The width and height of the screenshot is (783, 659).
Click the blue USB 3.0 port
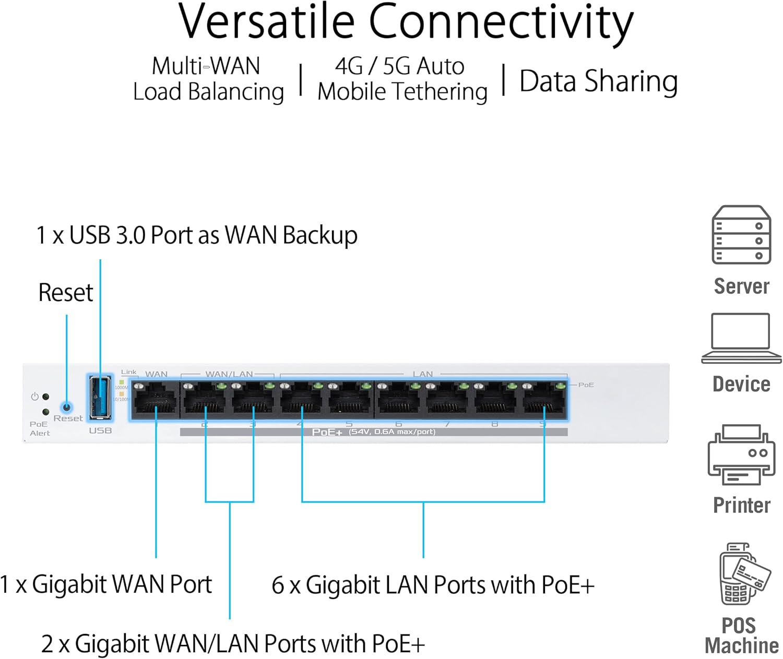click(x=100, y=398)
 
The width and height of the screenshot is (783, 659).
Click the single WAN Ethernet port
click(x=155, y=400)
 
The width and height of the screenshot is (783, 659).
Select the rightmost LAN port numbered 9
click(x=544, y=400)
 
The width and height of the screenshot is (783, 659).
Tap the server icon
click(x=741, y=235)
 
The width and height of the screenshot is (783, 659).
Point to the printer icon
click(x=741, y=454)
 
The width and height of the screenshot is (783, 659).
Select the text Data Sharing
click(x=598, y=81)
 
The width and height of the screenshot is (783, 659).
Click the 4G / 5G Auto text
click(x=400, y=66)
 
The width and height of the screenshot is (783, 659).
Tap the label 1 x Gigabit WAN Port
click(x=106, y=584)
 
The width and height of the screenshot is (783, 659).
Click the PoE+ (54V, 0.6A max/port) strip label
click(x=373, y=432)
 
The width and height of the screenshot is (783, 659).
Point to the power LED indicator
click(x=46, y=397)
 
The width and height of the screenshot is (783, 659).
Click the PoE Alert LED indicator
click(x=46, y=412)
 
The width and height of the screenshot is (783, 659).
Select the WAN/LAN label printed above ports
click(x=229, y=374)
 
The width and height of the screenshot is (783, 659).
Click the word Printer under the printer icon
click(x=741, y=505)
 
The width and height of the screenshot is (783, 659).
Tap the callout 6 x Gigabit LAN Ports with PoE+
click(x=433, y=585)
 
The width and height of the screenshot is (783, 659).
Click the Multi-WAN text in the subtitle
click(x=206, y=66)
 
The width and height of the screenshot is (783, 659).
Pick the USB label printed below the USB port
click(x=100, y=430)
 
